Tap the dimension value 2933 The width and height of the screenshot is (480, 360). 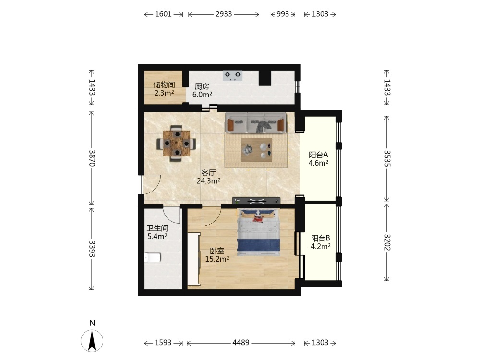click(x=224, y=14)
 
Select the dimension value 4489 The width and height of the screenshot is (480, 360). click(x=240, y=343)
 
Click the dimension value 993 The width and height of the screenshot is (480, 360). click(x=283, y=14)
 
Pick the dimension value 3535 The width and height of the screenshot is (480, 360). click(x=387, y=158)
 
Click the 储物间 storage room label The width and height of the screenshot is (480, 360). click(x=164, y=85)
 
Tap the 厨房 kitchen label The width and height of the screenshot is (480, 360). click(x=202, y=86)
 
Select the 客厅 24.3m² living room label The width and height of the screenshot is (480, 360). click(x=208, y=177)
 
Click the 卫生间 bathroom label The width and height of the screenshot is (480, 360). click(x=157, y=228)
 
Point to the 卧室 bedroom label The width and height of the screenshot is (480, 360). click(x=217, y=251)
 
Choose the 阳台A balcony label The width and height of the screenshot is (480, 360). click(x=318, y=155)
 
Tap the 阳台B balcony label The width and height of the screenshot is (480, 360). click(x=321, y=238)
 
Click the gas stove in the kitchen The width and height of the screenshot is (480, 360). click(x=232, y=76)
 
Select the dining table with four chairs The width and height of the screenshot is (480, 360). click(x=177, y=143)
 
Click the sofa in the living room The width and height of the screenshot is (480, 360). click(x=256, y=123)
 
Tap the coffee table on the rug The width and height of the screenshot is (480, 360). click(x=256, y=150)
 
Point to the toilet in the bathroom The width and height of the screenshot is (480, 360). click(x=153, y=257)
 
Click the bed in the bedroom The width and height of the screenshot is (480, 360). click(x=259, y=232)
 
